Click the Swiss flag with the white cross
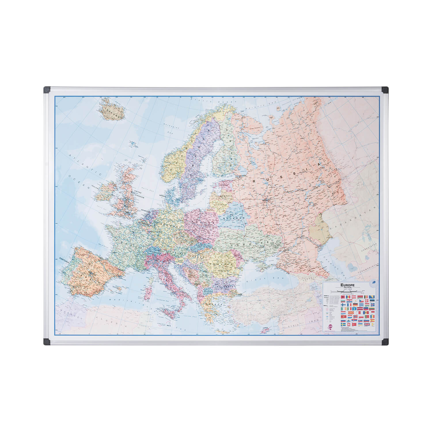coord(348,324)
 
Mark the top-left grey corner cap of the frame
coord(47,90)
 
